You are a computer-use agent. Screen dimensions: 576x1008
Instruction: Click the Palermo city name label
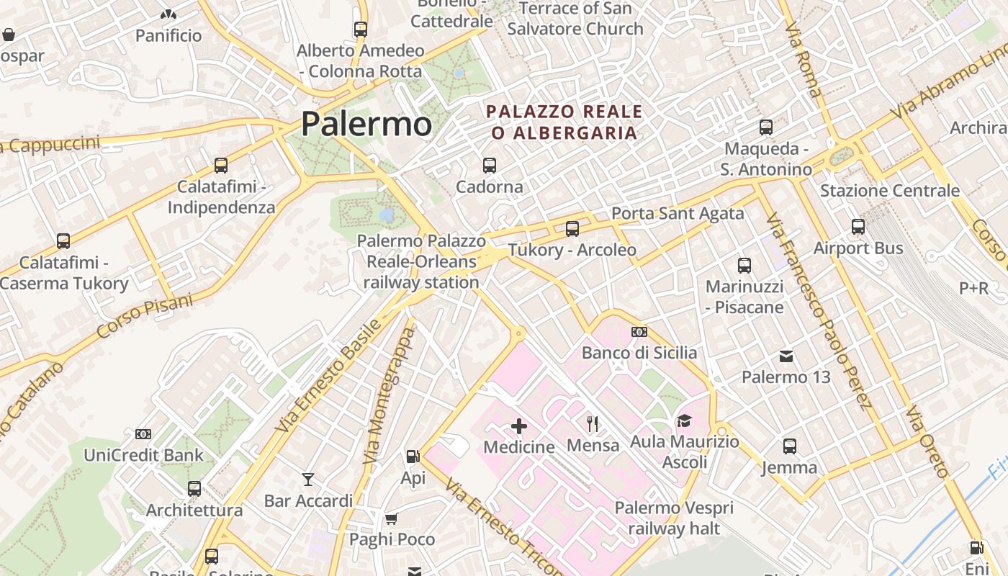[366, 123]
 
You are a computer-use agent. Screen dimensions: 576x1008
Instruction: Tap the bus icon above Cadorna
[490, 166]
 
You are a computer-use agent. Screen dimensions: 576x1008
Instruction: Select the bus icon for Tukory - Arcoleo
[572, 229]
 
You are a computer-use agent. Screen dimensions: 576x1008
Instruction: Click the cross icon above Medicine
[518, 426]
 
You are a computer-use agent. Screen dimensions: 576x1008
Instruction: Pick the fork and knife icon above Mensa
[593, 423]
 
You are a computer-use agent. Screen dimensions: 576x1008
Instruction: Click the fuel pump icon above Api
[413, 456]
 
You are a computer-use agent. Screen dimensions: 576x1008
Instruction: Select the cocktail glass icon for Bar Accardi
[308, 479]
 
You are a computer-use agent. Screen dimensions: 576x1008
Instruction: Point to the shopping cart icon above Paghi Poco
[392, 518]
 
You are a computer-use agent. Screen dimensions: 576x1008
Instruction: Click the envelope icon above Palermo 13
[786, 356]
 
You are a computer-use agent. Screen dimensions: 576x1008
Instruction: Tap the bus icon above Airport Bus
[858, 227]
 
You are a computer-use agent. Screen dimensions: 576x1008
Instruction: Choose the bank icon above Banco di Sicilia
[639, 332]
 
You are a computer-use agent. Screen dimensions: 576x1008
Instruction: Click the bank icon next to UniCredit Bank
[143, 433]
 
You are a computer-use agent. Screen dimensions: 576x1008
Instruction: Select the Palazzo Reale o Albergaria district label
[564, 122]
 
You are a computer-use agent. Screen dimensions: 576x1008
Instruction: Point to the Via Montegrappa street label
[389, 396]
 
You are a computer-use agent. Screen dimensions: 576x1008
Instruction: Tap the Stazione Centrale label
[890, 191]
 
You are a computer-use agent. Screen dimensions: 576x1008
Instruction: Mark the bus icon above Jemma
[790, 446]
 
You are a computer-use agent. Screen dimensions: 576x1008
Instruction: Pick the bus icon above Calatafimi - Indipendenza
[221, 166]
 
